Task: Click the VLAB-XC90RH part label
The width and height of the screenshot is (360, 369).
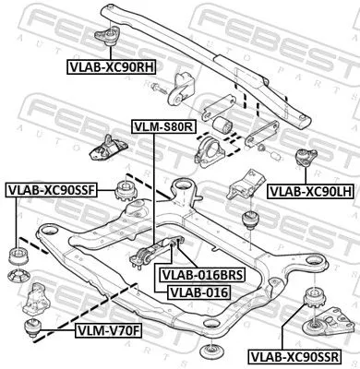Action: pyautogui.click(x=110, y=66)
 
